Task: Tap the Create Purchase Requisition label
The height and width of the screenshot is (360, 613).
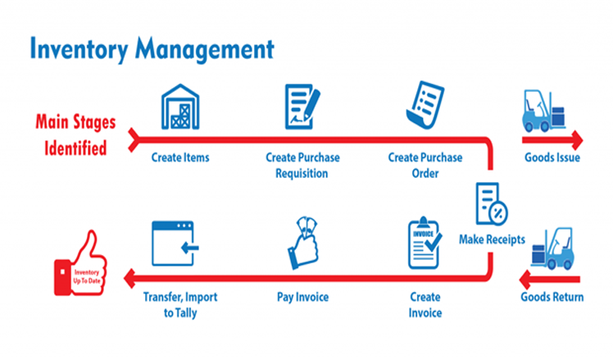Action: point(302,165)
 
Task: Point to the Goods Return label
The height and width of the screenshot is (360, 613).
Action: point(552,296)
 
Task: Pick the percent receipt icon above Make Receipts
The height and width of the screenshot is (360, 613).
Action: point(492,203)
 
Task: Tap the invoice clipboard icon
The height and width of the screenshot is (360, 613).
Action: point(425,244)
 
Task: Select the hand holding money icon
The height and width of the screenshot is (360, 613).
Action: point(302,243)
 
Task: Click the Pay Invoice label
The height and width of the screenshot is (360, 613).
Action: point(302,296)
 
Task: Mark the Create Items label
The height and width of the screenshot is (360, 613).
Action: point(180,157)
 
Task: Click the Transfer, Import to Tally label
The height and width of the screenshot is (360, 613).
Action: point(180,303)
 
